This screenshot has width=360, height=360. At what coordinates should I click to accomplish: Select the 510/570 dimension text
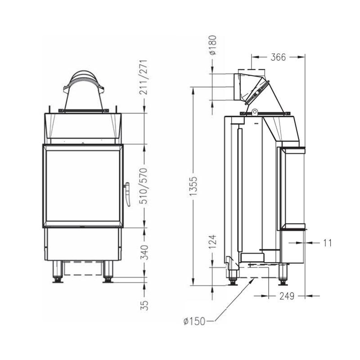click(x=144, y=186)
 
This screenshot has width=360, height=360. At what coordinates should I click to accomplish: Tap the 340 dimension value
click(x=144, y=252)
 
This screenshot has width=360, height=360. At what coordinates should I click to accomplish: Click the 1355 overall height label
click(x=193, y=186)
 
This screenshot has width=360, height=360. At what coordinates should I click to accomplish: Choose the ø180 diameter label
click(x=212, y=45)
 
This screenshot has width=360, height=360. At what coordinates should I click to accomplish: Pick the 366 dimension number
click(x=278, y=57)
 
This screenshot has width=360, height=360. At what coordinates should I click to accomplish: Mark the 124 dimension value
click(x=212, y=242)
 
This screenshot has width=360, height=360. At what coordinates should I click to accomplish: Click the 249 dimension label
click(x=287, y=296)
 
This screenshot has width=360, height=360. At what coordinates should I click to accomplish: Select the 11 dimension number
click(x=328, y=243)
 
